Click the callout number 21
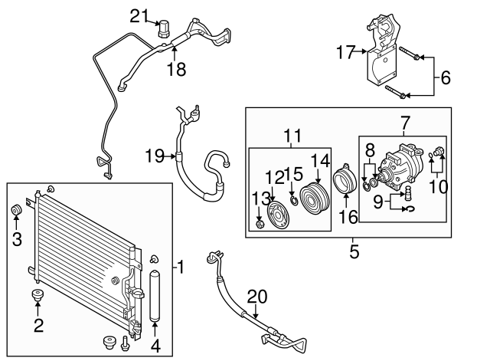pos(137,15)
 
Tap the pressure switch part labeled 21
pos(162,28)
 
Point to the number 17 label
pos(347,52)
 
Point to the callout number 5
pos(354,249)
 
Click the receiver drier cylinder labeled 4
pos(156,294)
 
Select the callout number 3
pos(16,240)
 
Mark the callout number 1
pos(181,267)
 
